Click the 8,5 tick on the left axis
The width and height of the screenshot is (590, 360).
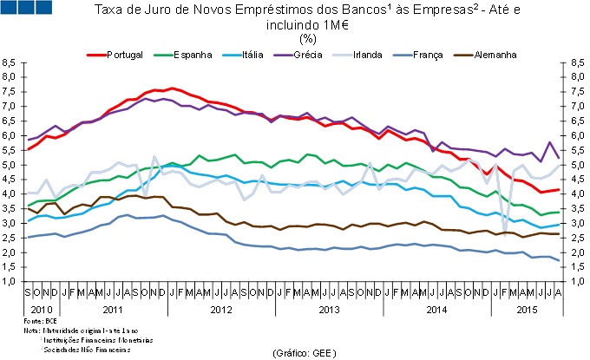point(10,63)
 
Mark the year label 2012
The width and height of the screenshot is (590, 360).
point(221,308)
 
